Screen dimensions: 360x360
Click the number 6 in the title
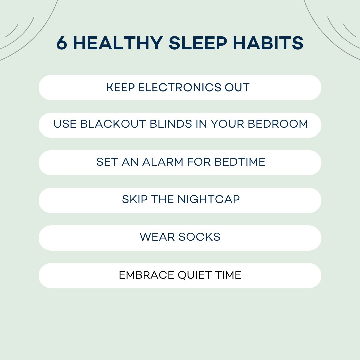[62, 43]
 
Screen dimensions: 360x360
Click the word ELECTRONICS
[178, 88]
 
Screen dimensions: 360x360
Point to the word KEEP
[120, 88]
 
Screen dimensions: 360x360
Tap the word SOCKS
[199, 237]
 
